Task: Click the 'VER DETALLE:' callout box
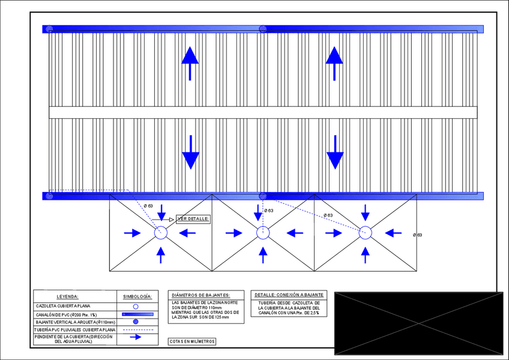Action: coord(193,219)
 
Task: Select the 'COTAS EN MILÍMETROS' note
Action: coord(192,341)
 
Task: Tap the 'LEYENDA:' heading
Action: coord(67,296)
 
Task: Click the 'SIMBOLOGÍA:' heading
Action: coord(137,296)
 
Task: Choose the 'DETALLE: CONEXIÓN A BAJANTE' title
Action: coord(289,295)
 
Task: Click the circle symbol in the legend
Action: coord(136,306)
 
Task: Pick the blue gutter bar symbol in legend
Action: coord(137,314)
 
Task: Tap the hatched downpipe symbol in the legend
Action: coord(136,322)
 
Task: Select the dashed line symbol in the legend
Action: coord(137,329)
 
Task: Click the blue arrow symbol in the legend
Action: coord(136,337)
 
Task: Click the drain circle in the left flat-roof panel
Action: coord(161,233)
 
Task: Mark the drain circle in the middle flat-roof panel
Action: coord(263,233)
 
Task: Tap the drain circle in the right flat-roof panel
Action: coord(365,233)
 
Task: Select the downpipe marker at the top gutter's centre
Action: coord(263,29)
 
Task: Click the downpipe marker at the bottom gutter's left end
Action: coord(50,196)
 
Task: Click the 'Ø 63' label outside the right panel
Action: coord(417,235)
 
